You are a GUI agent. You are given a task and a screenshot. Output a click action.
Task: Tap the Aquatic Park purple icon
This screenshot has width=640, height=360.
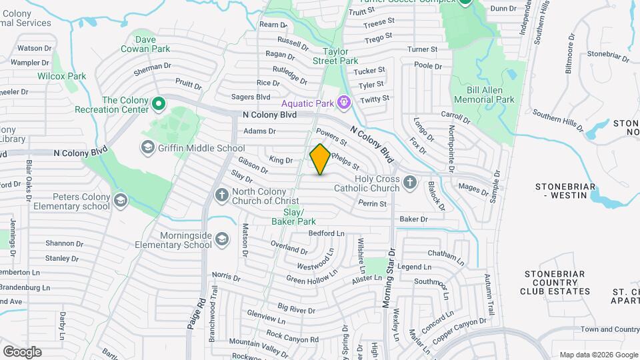[343, 103]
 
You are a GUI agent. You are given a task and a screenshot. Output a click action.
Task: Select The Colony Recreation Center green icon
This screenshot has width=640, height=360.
[159, 104]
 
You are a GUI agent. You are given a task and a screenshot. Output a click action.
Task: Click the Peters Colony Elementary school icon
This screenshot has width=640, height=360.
[121, 201]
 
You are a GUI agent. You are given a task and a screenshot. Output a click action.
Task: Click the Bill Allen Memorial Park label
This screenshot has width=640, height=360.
[485, 94]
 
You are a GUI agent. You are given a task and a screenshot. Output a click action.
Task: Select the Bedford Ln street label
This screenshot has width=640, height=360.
[327, 233]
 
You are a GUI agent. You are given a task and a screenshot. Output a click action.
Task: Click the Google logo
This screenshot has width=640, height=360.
[22, 352]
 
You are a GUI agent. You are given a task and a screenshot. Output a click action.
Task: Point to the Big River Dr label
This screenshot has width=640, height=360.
[297, 309]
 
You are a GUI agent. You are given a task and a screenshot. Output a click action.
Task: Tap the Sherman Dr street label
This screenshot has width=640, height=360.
[153, 68]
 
